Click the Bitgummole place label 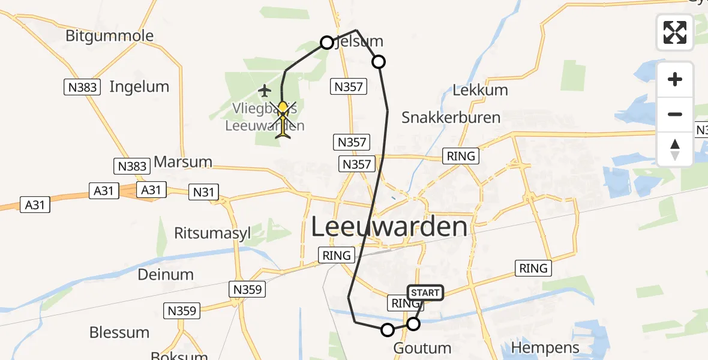click(x=109, y=36)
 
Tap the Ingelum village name click(x=139, y=87)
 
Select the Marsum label click(x=183, y=162)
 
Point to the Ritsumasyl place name click(x=212, y=233)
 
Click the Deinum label click(x=166, y=275)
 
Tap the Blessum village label click(x=119, y=332)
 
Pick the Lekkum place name click(x=480, y=91)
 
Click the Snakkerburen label click(x=451, y=117)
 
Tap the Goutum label click(x=422, y=348)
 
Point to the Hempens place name click(x=545, y=347)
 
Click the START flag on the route click(x=425, y=293)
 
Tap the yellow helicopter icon click(x=283, y=120)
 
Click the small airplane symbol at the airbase click(x=265, y=91)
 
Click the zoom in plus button click(x=675, y=79)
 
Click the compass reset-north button click(x=675, y=149)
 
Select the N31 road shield click(x=203, y=192)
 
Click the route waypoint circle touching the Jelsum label click(x=327, y=42)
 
